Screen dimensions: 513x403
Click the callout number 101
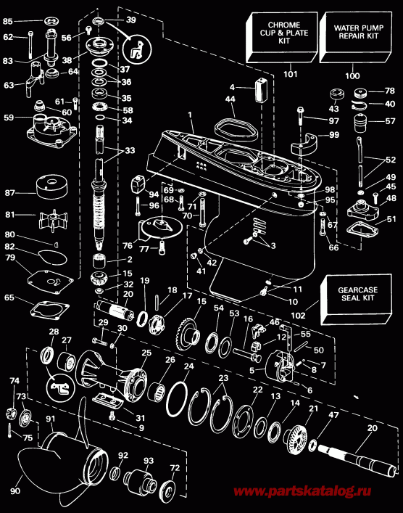pos(290,73)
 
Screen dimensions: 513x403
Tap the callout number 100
pos(352,75)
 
